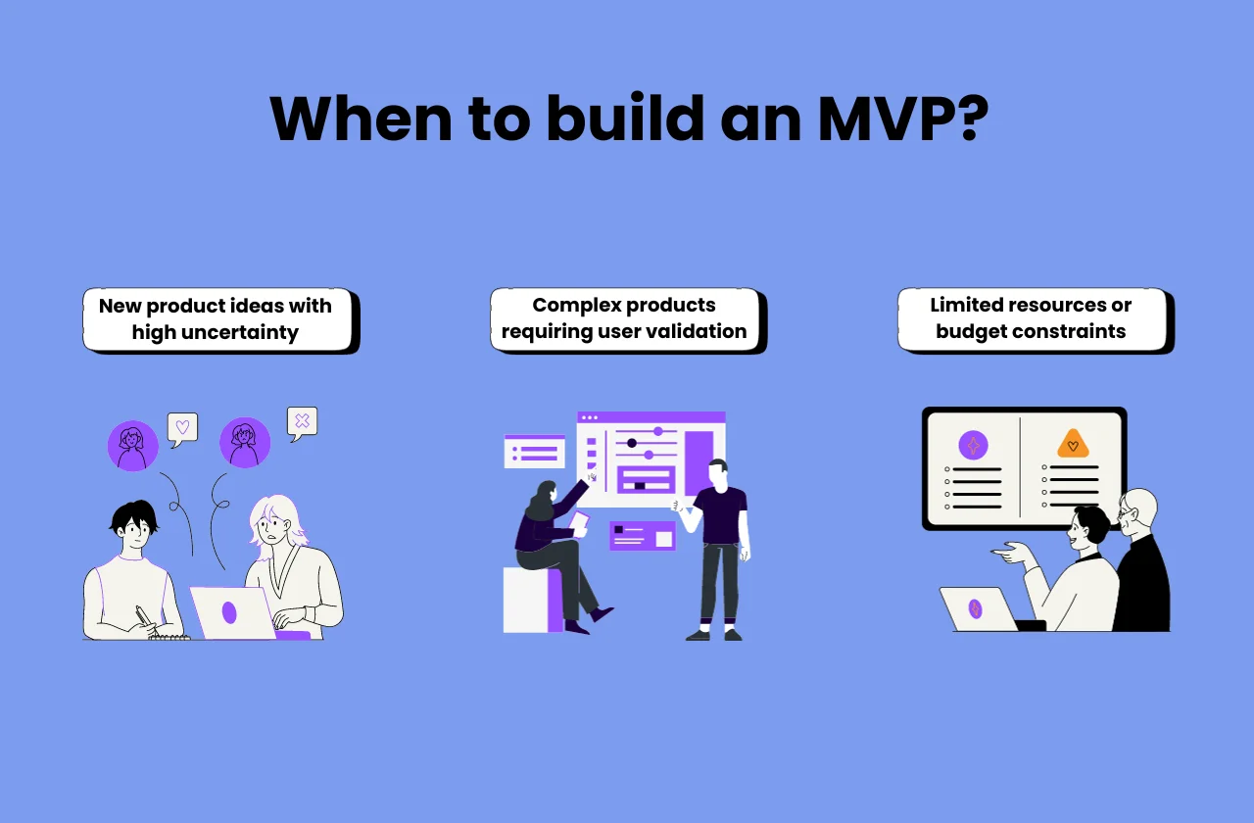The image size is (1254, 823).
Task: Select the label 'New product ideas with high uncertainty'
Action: coord(217,318)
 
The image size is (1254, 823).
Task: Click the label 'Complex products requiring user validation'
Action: coord(624,318)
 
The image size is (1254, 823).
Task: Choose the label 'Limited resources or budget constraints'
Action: coord(1031,318)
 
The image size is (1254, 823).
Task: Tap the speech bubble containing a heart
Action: coord(182,428)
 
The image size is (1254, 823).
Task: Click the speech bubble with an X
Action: coord(302,422)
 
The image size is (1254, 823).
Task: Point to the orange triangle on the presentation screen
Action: coord(1073,445)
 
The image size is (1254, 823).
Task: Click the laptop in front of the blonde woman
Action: coord(230,612)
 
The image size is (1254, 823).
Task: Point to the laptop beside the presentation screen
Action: coord(980,609)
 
